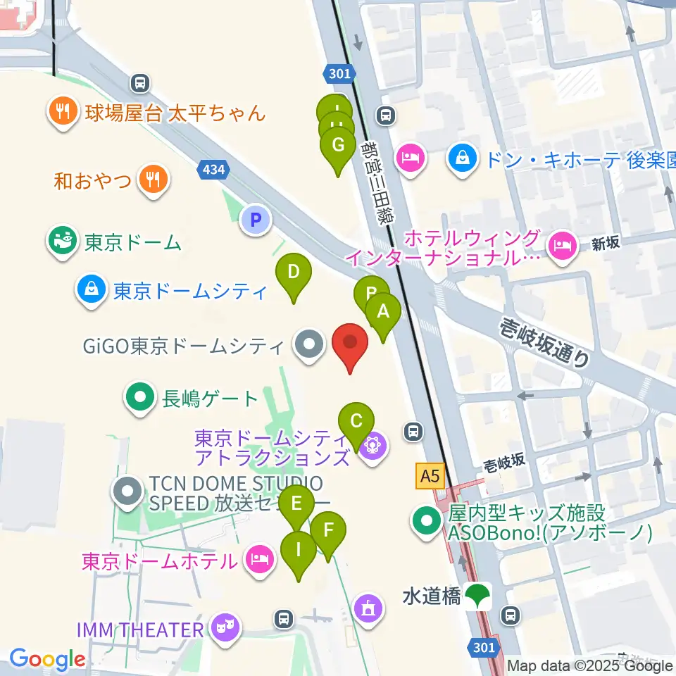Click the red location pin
350,343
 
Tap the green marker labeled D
293,273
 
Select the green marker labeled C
356,422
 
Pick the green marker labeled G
338,146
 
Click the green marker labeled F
328,530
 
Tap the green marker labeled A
383,311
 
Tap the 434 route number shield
213,169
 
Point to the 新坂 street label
605,244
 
